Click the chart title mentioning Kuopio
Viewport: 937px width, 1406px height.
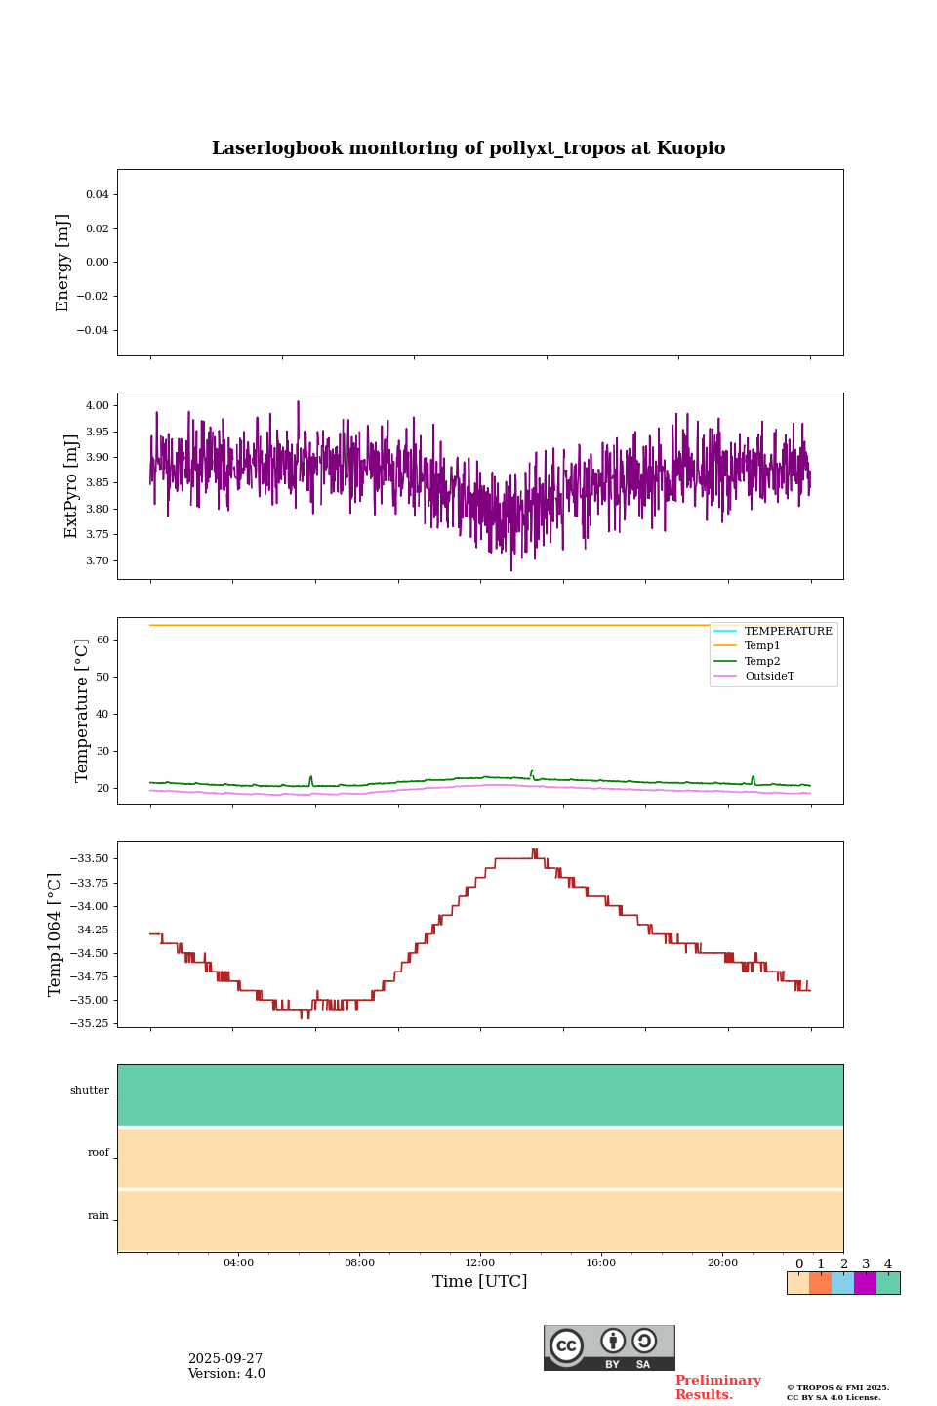468,148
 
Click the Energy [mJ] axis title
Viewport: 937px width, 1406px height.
63,263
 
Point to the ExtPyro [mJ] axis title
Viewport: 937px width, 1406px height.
71,486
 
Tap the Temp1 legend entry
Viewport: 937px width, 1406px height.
762,646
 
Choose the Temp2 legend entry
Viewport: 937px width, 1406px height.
762,661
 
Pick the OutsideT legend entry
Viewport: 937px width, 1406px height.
769,676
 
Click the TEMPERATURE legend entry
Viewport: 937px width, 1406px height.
788,631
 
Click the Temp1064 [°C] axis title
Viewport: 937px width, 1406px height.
56,934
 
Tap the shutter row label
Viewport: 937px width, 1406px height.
90,1091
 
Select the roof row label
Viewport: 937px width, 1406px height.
99,1153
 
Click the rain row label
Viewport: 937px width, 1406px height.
99,1216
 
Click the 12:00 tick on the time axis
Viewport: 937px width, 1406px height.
480,1262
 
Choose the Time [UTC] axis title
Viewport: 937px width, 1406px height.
480,1281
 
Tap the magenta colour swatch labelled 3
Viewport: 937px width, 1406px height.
865,1283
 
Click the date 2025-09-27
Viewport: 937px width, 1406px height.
225,1359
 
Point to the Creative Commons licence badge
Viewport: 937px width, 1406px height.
609,1347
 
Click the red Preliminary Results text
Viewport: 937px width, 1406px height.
717,1387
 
